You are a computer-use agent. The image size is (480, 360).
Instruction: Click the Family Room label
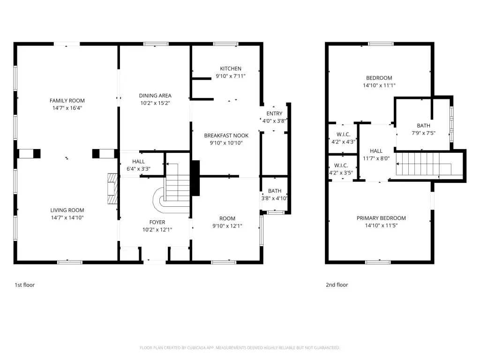pos(67,100)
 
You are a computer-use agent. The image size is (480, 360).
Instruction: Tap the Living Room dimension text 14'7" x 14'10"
pos(67,217)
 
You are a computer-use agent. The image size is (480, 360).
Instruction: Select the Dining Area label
pos(155,96)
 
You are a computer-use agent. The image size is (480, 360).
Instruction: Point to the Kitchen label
pos(231,68)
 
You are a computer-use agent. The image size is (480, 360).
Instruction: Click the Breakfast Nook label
pos(226,135)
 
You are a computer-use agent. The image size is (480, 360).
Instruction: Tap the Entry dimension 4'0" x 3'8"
pos(274,121)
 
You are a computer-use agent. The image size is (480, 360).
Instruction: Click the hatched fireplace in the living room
pos(112,188)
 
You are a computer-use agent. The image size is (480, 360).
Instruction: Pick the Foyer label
pos(157,222)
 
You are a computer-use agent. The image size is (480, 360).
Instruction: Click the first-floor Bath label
pos(275,191)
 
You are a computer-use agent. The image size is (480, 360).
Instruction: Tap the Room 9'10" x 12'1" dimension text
pos(227,226)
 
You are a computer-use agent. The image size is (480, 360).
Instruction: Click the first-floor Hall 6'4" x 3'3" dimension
pos(138,169)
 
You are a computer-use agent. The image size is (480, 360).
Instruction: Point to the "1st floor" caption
pos(25,285)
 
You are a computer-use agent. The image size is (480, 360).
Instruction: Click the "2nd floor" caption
pos(337,285)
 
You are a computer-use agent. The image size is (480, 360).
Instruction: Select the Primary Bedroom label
pos(381,218)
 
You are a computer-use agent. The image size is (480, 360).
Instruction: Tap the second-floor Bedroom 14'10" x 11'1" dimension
pos(379,85)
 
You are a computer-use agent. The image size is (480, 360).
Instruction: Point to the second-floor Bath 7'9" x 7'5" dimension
pos(423,133)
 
